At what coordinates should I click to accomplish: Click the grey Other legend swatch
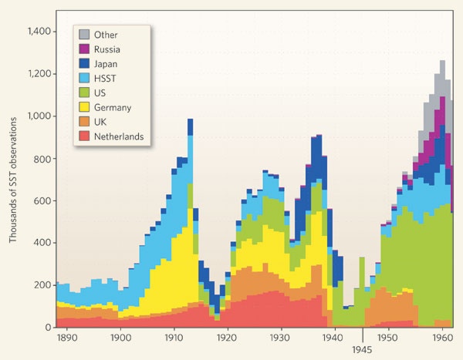pyautogui.click(x=85, y=35)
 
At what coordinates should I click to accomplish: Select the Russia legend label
pyautogui.click(x=109, y=49)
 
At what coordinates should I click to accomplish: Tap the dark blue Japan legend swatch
pyautogui.click(x=85, y=64)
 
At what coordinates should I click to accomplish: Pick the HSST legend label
pyautogui.click(x=106, y=79)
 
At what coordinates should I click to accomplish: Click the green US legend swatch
pyautogui.click(x=85, y=93)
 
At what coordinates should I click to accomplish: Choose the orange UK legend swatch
pyautogui.click(x=85, y=123)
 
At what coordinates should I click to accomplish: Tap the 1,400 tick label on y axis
pyautogui.click(x=38, y=32)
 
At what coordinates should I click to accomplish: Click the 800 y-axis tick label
pyautogui.click(x=43, y=159)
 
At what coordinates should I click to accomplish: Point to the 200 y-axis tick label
pyautogui.click(x=43, y=285)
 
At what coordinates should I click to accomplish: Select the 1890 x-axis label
pyautogui.click(x=66, y=338)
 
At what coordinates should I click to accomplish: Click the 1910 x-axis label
pyautogui.click(x=174, y=338)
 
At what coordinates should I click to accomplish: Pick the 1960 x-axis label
pyautogui.click(x=441, y=338)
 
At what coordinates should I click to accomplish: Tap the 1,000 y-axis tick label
pyautogui.click(x=39, y=116)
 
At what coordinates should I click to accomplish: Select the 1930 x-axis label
pyautogui.click(x=280, y=338)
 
